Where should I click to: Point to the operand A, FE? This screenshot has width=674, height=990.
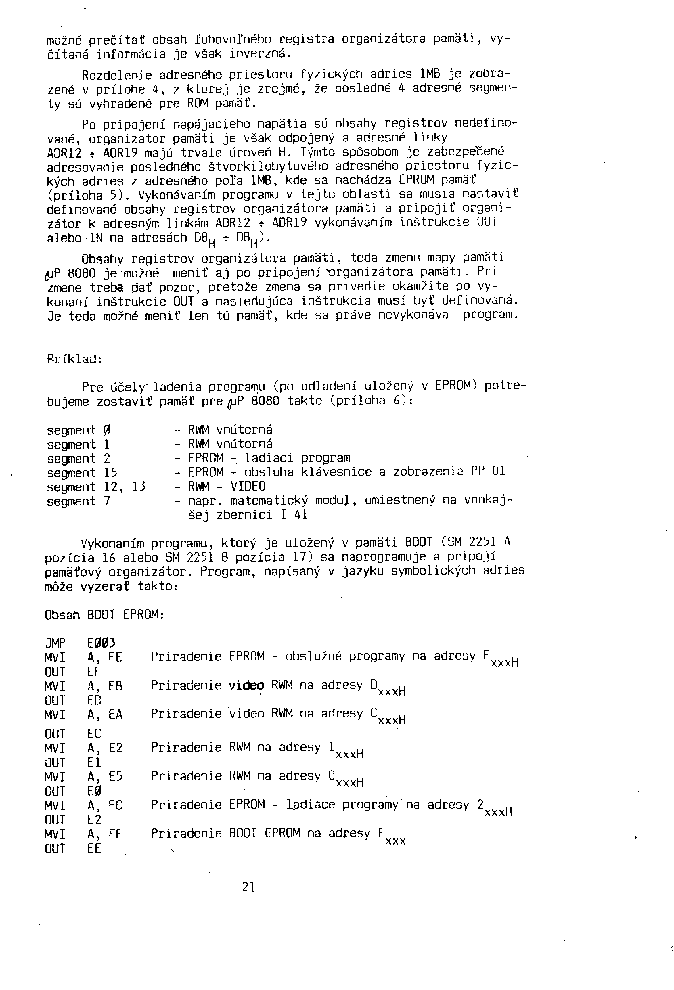click(x=105, y=658)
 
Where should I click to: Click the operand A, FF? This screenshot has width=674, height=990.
click(x=105, y=834)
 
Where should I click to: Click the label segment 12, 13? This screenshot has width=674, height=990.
click(x=96, y=487)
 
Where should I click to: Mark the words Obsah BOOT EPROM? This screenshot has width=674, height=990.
click(x=104, y=615)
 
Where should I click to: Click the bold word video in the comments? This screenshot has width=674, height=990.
click(x=246, y=685)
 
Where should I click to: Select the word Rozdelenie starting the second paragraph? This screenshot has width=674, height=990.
click(x=117, y=75)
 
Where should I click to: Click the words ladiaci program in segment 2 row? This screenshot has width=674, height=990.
click(x=297, y=458)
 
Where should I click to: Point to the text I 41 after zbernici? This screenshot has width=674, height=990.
click(x=294, y=515)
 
